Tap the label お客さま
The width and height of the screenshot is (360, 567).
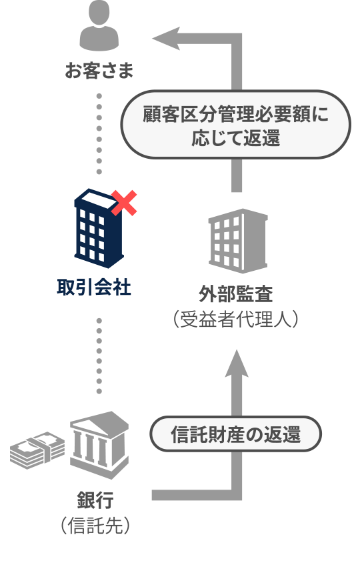(x=99, y=70)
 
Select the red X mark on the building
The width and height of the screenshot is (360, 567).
(x=124, y=203)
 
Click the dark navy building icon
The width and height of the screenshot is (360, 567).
(x=98, y=229)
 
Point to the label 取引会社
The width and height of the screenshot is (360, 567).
(x=94, y=288)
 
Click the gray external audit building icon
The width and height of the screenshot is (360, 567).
(x=238, y=241)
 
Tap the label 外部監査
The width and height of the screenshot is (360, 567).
(x=235, y=294)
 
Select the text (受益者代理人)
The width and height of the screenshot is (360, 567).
(x=235, y=319)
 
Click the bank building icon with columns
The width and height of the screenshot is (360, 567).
(x=99, y=445)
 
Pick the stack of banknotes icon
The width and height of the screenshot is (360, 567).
(x=37, y=450)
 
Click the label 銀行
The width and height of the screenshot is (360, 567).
(x=95, y=500)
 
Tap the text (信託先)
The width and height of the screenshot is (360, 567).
(x=95, y=525)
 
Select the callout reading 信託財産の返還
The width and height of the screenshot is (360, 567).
(x=235, y=434)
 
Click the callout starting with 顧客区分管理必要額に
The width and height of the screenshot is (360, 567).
(x=235, y=125)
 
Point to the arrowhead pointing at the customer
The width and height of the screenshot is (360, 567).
(x=167, y=38)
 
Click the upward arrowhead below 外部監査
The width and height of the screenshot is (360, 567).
(x=237, y=364)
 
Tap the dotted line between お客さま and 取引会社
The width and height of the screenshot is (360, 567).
(x=99, y=134)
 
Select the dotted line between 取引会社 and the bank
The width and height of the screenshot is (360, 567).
(x=99, y=356)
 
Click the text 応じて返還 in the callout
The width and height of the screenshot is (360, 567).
(x=235, y=138)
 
